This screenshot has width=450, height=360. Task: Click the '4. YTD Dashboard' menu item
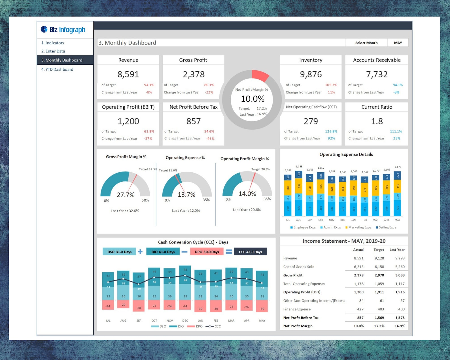57,69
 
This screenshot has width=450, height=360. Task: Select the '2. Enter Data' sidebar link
53,51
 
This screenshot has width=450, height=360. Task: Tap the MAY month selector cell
398,43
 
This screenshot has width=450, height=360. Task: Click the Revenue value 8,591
128,74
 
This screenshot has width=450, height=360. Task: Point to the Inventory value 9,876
311,74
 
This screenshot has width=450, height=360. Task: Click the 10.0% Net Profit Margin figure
252,99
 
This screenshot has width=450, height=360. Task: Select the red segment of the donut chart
260,75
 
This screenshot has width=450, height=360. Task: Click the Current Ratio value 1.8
377,121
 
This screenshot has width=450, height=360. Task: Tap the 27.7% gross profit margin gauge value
126,195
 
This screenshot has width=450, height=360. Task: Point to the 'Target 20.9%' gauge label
260,169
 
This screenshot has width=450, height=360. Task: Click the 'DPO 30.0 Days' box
207,252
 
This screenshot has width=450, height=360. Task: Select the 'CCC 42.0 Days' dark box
250,252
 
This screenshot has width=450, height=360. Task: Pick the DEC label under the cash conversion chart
185,321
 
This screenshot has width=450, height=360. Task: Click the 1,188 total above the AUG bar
299,167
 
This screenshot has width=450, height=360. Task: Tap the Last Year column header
397,250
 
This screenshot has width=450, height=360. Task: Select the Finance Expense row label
297,309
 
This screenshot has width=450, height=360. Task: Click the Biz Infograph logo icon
44,29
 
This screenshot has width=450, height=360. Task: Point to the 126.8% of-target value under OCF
331,131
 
